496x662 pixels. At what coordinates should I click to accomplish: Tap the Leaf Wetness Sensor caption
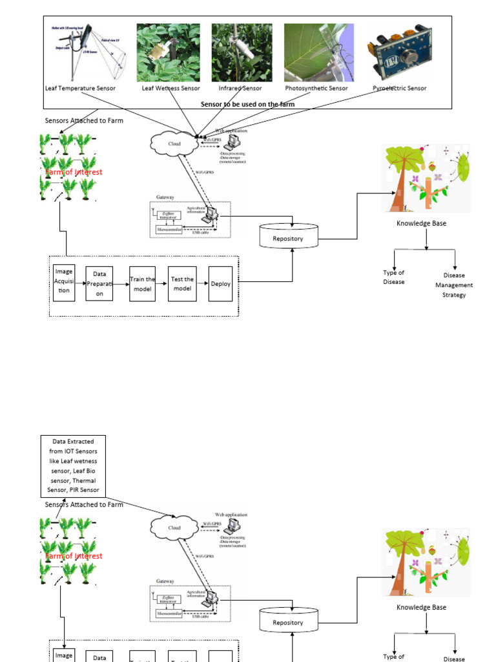point(171,89)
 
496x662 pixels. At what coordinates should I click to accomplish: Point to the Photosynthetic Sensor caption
point(316,89)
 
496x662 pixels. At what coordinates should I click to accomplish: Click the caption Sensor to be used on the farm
point(248,103)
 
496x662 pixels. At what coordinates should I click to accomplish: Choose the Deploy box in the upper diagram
point(220,284)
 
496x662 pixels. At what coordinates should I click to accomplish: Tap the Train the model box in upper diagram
point(143,284)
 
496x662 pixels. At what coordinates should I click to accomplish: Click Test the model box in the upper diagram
point(181,284)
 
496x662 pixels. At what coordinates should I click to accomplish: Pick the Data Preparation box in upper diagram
point(99,284)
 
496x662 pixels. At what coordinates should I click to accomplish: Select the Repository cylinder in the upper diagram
point(288,237)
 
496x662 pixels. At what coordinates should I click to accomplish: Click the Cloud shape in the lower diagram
point(174,528)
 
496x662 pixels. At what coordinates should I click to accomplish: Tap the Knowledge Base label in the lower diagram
point(421,607)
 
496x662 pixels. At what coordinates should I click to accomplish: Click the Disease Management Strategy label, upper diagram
point(454,285)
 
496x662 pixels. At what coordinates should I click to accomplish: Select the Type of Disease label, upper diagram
point(393,277)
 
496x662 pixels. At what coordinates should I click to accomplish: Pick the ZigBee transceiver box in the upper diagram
point(168,216)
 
